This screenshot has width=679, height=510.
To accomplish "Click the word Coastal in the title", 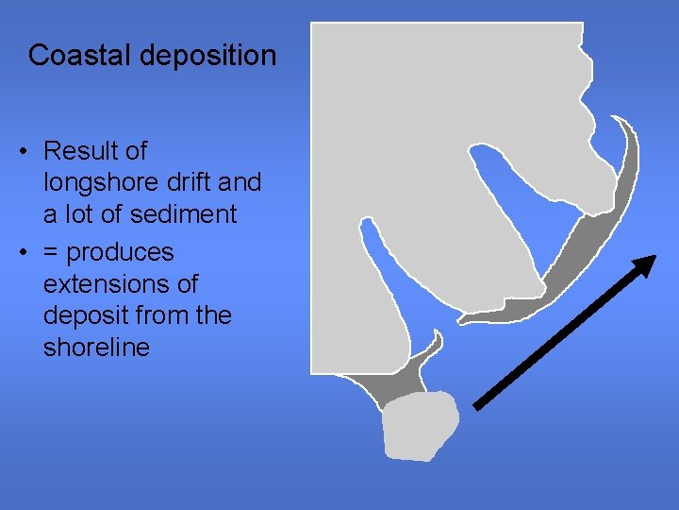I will click(80, 55).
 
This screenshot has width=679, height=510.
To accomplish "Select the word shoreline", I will click(96, 348).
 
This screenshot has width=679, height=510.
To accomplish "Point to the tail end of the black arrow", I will click(476, 407).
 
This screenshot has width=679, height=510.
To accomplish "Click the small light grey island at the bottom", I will click(420, 425).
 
